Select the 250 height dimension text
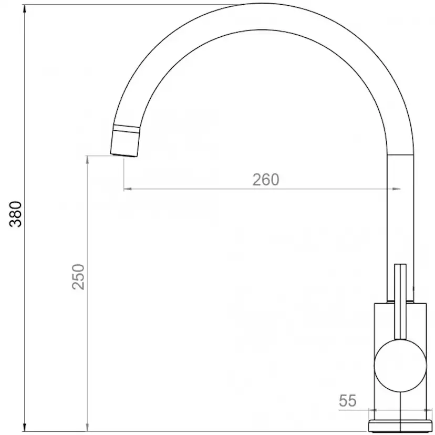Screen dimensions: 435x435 pos(78,276)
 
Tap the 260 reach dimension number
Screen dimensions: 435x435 pos(265,180)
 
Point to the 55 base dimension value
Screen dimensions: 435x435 pos(347,401)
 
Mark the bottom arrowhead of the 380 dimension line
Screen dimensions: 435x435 pos(24,428)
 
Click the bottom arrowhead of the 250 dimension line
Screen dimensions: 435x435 pos(87,428)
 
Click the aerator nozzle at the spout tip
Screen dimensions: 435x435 pos(126,142)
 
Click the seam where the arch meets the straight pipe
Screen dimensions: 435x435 pos(400,155)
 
